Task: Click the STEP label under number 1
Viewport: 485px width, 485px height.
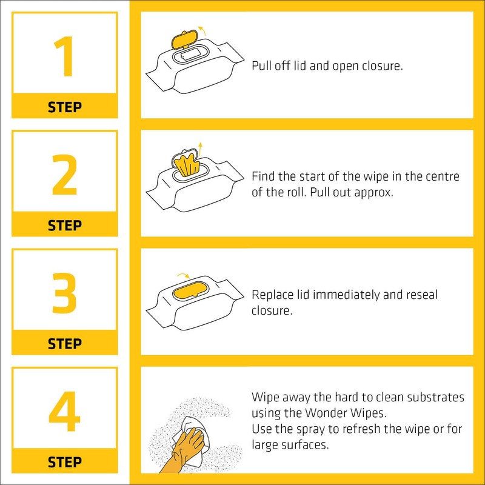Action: point(64,107)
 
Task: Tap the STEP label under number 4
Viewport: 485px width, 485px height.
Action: point(64,462)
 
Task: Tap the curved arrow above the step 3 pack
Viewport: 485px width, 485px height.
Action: point(182,276)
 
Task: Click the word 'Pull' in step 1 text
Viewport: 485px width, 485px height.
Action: point(261,65)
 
